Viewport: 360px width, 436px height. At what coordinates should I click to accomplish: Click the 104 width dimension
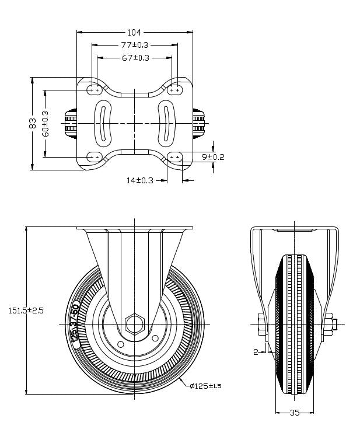click(x=135, y=33)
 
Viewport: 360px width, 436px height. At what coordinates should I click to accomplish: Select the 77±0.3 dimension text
click(x=135, y=45)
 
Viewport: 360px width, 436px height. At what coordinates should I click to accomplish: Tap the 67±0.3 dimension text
click(x=135, y=57)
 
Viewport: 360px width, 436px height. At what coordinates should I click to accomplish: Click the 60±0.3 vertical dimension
click(x=46, y=123)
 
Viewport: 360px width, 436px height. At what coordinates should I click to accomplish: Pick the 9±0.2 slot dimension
click(x=212, y=156)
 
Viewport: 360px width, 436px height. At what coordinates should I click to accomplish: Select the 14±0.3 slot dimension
click(x=139, y=180)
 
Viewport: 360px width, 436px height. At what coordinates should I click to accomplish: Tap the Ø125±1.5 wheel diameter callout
click(x=206, y=386)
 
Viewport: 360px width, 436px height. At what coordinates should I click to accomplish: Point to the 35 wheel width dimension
click(x=294, y=413)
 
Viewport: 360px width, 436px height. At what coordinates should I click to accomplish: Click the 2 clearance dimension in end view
click(x=256, y=351)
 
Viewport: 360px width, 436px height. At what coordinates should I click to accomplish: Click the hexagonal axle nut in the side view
click(x=135, y=324)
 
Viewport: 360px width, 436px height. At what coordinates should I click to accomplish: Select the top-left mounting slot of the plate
click(x=95, y=90)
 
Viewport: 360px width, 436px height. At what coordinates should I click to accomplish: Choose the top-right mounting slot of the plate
click(x=174, y=90)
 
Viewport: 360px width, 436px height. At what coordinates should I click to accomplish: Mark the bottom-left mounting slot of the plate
click(x=95, y=156)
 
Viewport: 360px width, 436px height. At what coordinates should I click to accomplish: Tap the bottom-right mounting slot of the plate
click(x=174, y=156)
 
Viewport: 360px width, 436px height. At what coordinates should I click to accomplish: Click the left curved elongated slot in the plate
click(x=103, y=123)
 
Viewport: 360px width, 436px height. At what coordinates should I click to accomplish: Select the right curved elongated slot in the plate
click(x=166, y=123)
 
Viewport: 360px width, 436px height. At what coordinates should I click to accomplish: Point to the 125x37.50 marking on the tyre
click(x=75, y=325)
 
